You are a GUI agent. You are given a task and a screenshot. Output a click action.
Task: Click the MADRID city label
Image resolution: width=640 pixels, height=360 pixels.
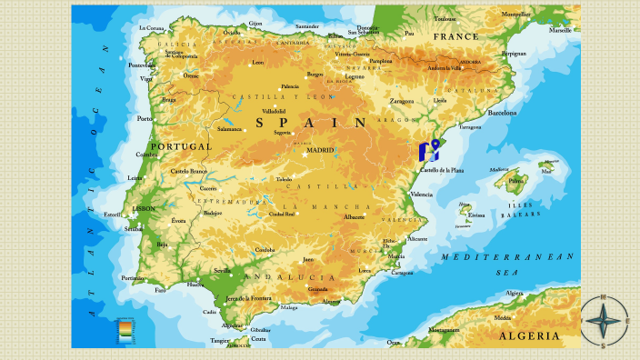(319, 151)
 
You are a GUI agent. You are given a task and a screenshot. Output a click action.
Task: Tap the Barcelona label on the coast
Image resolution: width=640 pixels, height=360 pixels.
(502, 113)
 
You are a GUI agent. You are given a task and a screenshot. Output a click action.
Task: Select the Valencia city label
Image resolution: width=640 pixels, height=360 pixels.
(422, 194)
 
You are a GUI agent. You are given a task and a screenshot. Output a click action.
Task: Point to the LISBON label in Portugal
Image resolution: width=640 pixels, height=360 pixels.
(144, 208)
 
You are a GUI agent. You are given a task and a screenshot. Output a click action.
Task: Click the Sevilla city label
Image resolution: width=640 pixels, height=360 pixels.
(222, 270)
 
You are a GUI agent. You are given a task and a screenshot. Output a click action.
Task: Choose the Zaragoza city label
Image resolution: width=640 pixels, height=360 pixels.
(402, 101)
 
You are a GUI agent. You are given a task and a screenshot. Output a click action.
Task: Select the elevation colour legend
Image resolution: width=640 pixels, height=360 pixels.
(125, 330)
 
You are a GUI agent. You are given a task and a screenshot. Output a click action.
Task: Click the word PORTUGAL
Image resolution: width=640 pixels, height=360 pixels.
(180, 146)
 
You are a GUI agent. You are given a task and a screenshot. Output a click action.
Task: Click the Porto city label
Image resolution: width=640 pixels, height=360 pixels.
(145, 118)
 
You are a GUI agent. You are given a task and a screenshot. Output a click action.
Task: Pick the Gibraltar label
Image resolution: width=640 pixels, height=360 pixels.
(261, 329)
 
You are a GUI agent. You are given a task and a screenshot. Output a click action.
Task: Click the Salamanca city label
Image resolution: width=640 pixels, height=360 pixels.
(230, 129)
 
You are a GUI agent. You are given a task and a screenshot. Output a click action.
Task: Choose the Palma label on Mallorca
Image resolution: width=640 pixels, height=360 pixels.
(516, 181)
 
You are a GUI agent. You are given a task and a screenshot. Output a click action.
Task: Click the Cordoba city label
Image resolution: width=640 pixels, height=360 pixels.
(265, 249)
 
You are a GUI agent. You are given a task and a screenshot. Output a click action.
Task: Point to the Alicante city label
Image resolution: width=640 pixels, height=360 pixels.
(417, 238)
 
